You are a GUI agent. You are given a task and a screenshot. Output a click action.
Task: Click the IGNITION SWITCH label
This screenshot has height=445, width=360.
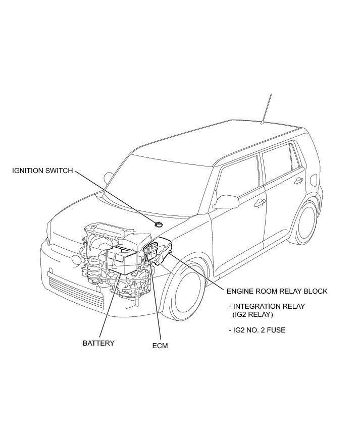[42, 171]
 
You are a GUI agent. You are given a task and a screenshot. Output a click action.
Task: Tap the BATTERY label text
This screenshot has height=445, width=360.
[98, 343]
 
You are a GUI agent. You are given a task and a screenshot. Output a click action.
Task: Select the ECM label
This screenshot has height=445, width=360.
[160, 346]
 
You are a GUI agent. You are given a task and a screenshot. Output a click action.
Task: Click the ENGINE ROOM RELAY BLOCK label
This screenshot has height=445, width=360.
[277, 291]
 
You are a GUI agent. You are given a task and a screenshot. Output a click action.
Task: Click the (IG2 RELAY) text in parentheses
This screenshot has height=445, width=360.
[252, 314]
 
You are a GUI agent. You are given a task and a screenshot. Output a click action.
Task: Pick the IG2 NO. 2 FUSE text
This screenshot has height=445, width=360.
[260, 330]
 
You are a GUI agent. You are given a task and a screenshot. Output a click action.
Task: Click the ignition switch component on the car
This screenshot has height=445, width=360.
[160, 224]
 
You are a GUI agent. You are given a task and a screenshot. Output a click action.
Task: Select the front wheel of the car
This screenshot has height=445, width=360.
[186, 293]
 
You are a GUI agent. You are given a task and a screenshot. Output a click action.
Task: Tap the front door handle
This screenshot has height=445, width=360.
[260, 202]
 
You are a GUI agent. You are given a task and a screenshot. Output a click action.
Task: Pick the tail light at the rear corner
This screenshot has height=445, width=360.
[314, 180]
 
